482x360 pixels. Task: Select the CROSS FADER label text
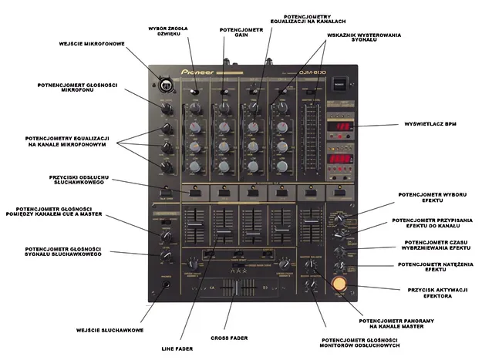point(228,338)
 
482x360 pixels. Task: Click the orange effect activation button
point(338,284)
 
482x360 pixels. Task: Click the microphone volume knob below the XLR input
point(165,106)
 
